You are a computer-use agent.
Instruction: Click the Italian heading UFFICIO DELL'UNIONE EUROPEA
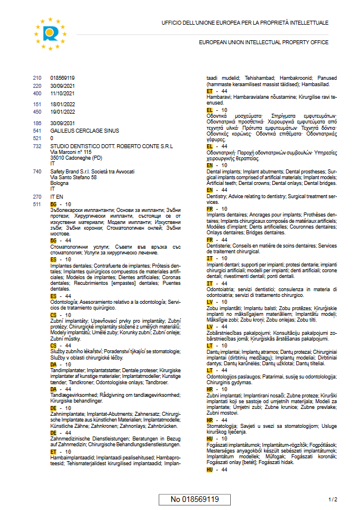click(245, 23)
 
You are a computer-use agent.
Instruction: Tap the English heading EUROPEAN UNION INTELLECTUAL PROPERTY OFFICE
click(264, 42)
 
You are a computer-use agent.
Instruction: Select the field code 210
click(37, 78)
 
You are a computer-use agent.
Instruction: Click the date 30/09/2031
click(63, 123)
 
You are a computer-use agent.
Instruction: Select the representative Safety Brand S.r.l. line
click(92, 172)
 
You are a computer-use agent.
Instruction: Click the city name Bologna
click(60, 183)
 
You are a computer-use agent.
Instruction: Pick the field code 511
click(37, 204)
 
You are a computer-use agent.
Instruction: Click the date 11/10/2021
click(63, 93)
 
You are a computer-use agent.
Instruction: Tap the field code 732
click(37, 146)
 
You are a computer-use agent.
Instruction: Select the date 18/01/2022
click(63, 105)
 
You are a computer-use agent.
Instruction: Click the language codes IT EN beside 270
click(57, 196)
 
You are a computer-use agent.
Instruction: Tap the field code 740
click(37, 172)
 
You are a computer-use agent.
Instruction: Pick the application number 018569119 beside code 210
click(63, 78)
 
